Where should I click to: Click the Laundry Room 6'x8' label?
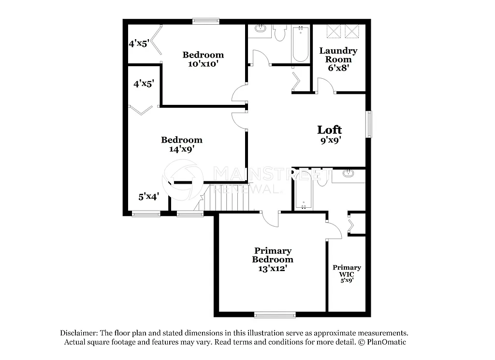338,59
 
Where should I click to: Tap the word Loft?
329,130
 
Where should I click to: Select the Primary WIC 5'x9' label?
347,274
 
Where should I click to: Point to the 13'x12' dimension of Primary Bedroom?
273,268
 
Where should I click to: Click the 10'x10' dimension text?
203,64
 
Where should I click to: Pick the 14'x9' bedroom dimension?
182,149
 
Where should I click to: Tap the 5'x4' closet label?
148,197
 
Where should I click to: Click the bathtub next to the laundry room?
300,44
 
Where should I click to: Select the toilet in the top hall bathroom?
280,33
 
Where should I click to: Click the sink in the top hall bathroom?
260,29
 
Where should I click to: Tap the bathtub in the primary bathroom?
304,190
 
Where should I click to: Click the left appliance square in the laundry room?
332,31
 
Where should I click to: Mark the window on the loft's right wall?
369,124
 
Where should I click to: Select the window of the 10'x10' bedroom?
205,21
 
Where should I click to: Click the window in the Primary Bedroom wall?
275,315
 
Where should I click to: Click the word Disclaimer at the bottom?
78,333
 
